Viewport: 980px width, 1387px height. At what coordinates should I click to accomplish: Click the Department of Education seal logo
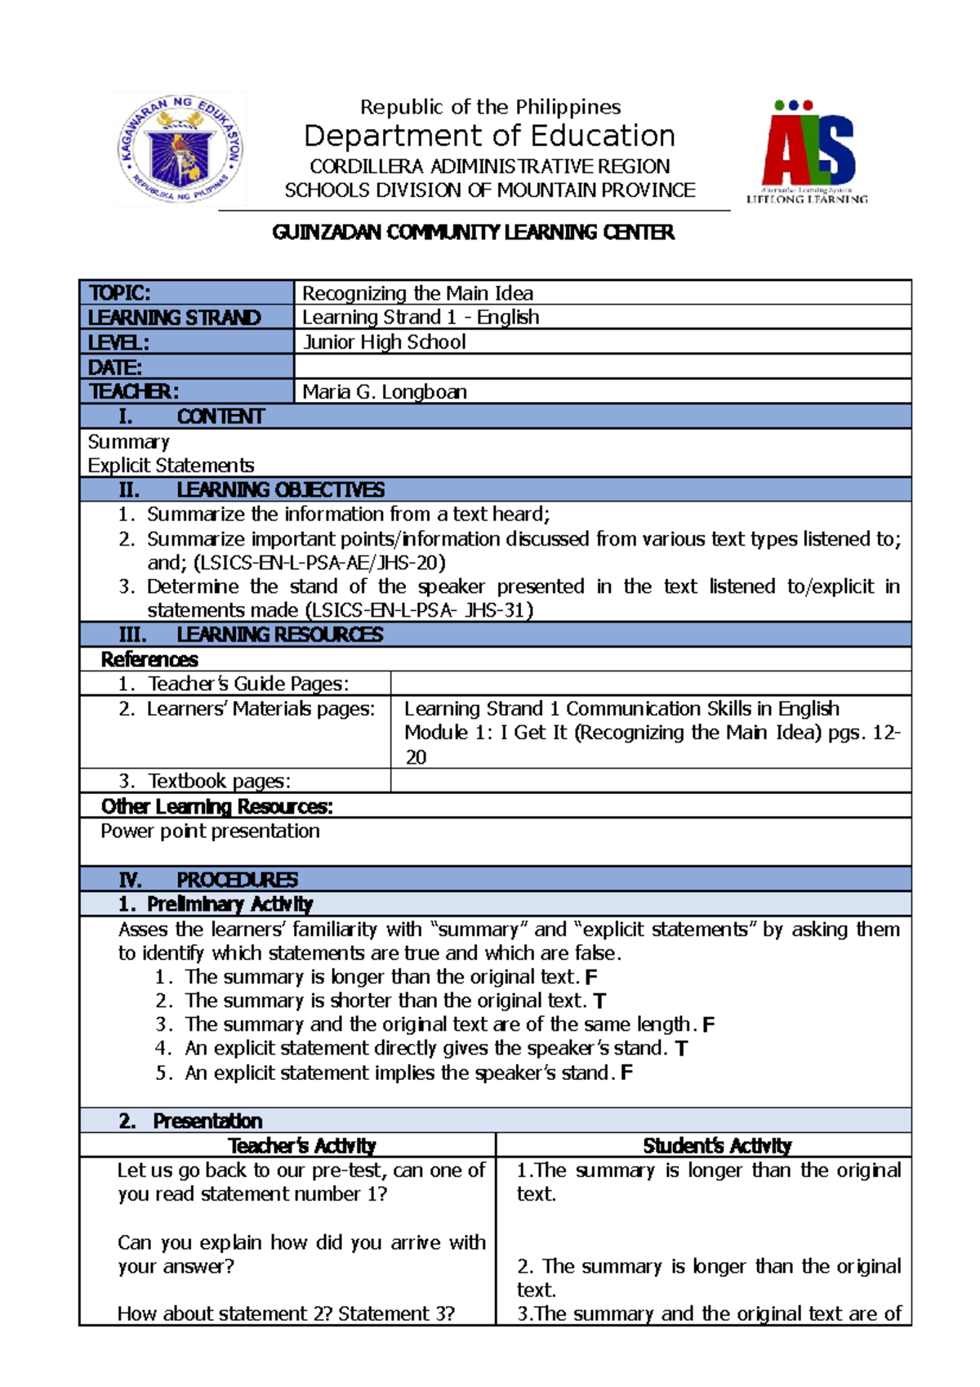pyautogui.click(x=180, y=148)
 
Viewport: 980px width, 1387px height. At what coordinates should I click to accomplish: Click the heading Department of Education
pyautogui.click(x=489, y=136)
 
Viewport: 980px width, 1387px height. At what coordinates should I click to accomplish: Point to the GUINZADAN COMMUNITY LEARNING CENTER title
pyautogui.click(x=474, y=233)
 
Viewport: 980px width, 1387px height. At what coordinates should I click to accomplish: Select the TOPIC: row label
pyautogui.click(x=119, y=293)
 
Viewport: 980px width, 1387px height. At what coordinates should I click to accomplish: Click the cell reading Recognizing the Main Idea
pyautogui.click(x=417, y=293)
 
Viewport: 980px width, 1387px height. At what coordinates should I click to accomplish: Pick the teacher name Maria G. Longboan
pyautogui.click(x=385, y=392)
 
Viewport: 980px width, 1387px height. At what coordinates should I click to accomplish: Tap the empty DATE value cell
pyautogui.click(x=602, y=367)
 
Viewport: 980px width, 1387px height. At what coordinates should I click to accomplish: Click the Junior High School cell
pyautogui.click(x=384, y=342)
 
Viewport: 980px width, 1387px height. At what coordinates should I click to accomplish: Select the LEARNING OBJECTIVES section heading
pyautogui.click(x=280, y=490)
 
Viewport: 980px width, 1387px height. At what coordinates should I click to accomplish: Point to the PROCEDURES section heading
pyautogui.click(x=237, y=880)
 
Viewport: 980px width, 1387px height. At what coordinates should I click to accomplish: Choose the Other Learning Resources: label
pyautogui.click(x=216, y=807)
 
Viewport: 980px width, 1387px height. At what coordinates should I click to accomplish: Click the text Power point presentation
pyautogui.click(x=210, y=832)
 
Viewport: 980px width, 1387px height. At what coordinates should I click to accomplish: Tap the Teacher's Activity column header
pyautogui.click(x=302, y=1145)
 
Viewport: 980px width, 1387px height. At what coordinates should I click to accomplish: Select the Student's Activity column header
pyautogui.click(x=717, y=1145)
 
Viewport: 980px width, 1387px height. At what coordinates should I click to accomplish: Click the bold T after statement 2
pyautogui.click(x=599, y=1001)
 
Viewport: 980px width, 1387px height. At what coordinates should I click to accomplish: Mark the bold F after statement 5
pyautogui.click(x=626, y=1073)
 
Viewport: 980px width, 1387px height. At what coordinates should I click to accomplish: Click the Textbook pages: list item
pyautogui.click(x=219, y=781)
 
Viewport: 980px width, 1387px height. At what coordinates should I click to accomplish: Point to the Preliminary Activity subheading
pyautogui.click(x=229, y=904)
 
